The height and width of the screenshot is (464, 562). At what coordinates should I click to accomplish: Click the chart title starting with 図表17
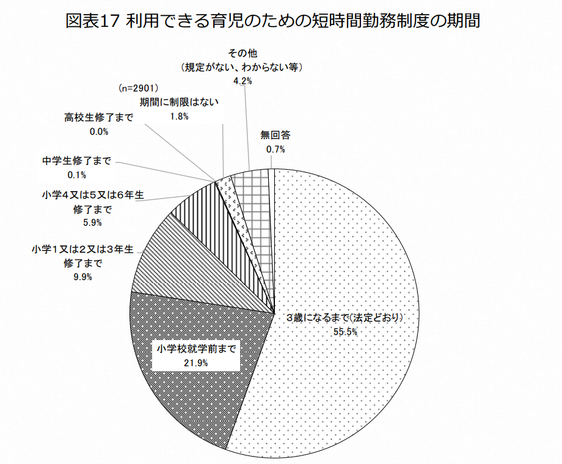click(x=272, y=21)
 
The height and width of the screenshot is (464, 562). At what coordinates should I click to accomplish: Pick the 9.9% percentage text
click(x=82, y=277)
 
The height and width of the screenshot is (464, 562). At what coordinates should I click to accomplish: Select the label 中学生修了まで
click(x=76, y=161)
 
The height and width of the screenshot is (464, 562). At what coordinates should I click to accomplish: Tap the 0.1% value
click(x=76, y=175)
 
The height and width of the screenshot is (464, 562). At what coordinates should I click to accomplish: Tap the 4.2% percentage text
click(x=243, y=80)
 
